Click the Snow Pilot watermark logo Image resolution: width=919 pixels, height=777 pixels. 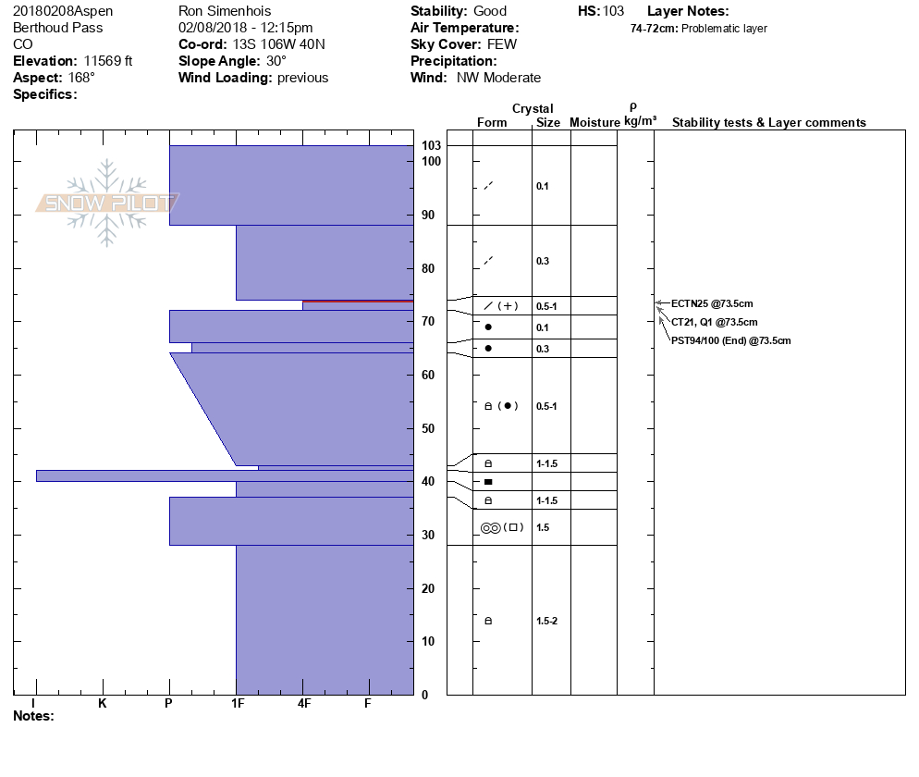107,203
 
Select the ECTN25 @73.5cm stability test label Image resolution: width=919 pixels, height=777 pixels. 711,303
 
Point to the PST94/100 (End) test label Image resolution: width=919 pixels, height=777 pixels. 730,340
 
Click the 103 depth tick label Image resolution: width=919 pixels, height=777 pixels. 430,146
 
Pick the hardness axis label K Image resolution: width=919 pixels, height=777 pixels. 102,704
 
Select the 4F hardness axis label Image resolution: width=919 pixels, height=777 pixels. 303,704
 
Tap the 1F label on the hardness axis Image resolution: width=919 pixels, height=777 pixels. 237,704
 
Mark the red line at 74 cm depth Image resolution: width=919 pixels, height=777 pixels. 358,302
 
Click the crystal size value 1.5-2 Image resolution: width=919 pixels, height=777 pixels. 546,621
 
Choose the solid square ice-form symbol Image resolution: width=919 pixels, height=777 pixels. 488,482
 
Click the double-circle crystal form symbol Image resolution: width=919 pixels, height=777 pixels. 491,527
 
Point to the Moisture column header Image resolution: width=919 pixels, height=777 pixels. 594,123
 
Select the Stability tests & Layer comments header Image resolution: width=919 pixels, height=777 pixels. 768,123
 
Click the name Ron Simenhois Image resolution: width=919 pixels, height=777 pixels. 225,11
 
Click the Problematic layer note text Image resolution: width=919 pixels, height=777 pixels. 724,29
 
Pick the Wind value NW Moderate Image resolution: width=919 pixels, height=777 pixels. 498,78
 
